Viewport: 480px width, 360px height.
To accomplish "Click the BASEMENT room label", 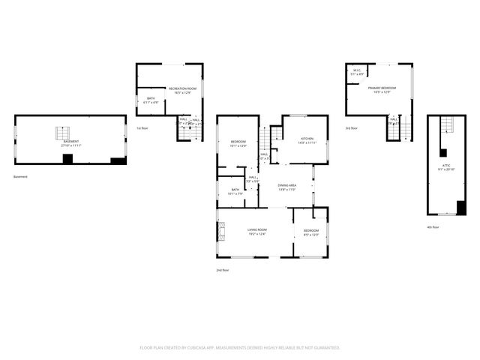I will pos(70,142).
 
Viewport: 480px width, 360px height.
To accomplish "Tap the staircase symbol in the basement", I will pos(61,133).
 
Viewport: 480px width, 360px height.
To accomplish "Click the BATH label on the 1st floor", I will pos(151,100).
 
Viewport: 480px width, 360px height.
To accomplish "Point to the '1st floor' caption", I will pos(141,128).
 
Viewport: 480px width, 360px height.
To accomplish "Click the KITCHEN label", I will pos(307,140).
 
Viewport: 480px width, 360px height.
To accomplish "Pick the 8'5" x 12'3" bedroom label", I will pos(310,232).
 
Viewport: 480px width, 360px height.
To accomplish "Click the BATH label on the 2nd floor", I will pos(235,191).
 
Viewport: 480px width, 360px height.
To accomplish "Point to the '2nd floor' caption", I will pos(222,270).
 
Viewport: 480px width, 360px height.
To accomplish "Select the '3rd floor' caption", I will pos(352,128).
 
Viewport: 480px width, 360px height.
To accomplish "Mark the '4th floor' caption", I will pos(433,227).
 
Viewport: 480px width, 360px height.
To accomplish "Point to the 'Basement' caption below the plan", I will pos(20,177).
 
